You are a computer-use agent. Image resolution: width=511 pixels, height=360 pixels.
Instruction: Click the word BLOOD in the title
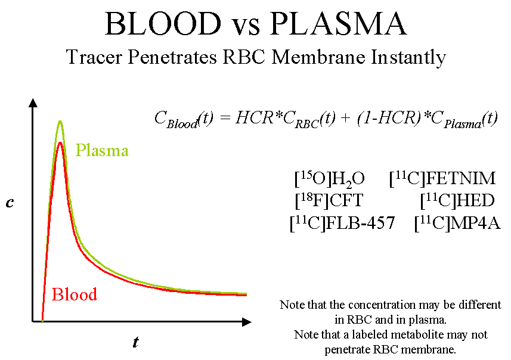tap(162, 24)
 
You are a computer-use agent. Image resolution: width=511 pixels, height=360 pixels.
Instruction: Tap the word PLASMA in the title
tap(339, 24)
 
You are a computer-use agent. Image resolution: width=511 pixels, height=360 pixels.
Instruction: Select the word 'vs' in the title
tap(245, 26)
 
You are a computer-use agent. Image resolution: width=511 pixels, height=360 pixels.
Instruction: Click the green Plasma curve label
tap(102, 150)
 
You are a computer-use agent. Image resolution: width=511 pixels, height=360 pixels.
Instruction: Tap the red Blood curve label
tap(75, 294)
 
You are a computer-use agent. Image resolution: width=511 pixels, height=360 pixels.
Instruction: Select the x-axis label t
tap(135, 342)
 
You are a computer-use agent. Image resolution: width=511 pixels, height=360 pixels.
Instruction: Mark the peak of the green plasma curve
tap(60, 122)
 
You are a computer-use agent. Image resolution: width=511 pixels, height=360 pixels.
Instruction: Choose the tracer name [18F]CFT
tap(329, 200)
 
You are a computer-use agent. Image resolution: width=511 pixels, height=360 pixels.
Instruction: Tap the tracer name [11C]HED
tap(457, 200)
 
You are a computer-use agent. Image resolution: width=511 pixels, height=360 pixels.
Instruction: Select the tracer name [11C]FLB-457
tap(342, 223)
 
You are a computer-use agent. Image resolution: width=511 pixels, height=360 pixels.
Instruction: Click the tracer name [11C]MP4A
tap(457, 223)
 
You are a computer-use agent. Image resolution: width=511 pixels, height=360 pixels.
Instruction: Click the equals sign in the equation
tap(224, 118)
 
